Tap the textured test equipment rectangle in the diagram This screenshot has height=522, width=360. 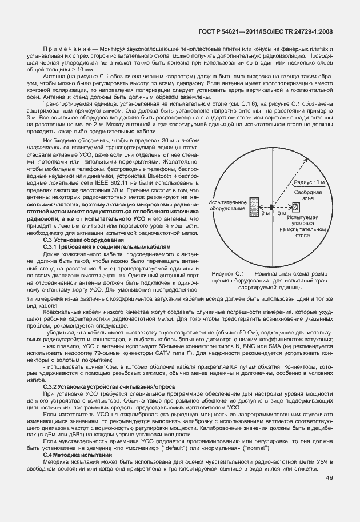(253, 206)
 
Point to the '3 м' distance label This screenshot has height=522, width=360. (282, 213)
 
